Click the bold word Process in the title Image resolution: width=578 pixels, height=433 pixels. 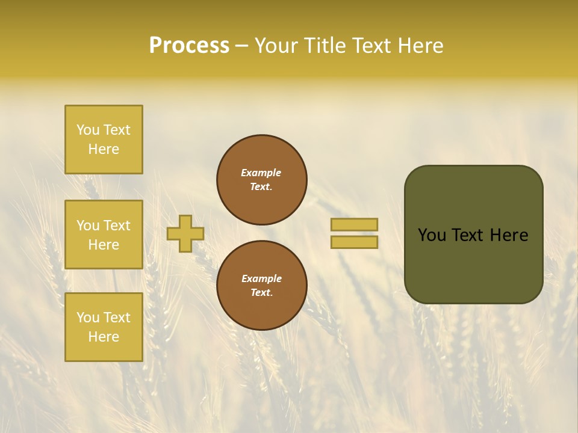[189, 46]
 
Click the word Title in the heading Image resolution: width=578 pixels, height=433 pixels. [324, 46]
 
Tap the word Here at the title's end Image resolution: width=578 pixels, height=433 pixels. [420, 46]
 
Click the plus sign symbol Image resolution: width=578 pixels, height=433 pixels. [185, 233]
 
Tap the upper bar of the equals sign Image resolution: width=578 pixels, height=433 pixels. [354, 224]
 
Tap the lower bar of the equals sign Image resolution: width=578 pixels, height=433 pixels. [354, 242]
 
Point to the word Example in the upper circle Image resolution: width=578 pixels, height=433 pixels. [261, 173]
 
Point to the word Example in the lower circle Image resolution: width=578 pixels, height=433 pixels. [261, 278]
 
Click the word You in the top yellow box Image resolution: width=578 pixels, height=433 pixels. [88, 130]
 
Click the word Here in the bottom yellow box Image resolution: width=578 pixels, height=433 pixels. [104, 337]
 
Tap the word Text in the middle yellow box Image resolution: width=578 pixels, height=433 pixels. [117, 226]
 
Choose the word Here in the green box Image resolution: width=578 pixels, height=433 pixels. [509, 235]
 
